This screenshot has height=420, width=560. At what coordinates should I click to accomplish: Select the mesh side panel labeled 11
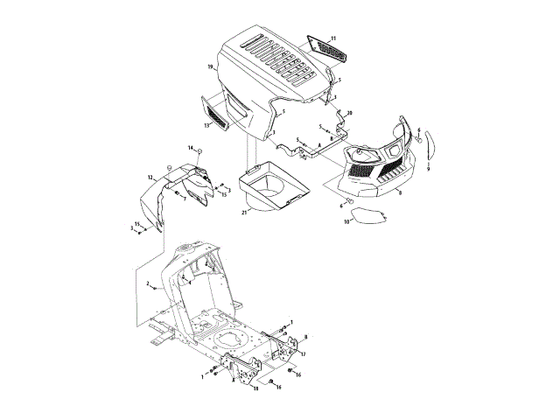[x=322, y=49]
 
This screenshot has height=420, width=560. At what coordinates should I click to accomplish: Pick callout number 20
[x=350, y=114]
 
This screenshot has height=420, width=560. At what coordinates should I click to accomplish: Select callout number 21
[x=243, y=212]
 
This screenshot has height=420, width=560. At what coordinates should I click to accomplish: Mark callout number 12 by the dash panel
[x=150, y=178]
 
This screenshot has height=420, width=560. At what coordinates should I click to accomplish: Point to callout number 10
[x=347, y=223]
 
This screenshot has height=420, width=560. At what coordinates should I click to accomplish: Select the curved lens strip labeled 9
[x=428, y=150]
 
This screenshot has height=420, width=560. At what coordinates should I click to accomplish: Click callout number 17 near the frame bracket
[x=303, y=353]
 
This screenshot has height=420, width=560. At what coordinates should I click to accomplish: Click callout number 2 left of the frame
[x=149, y=284]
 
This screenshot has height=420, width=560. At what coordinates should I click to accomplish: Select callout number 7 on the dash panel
[x=185, y=199]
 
